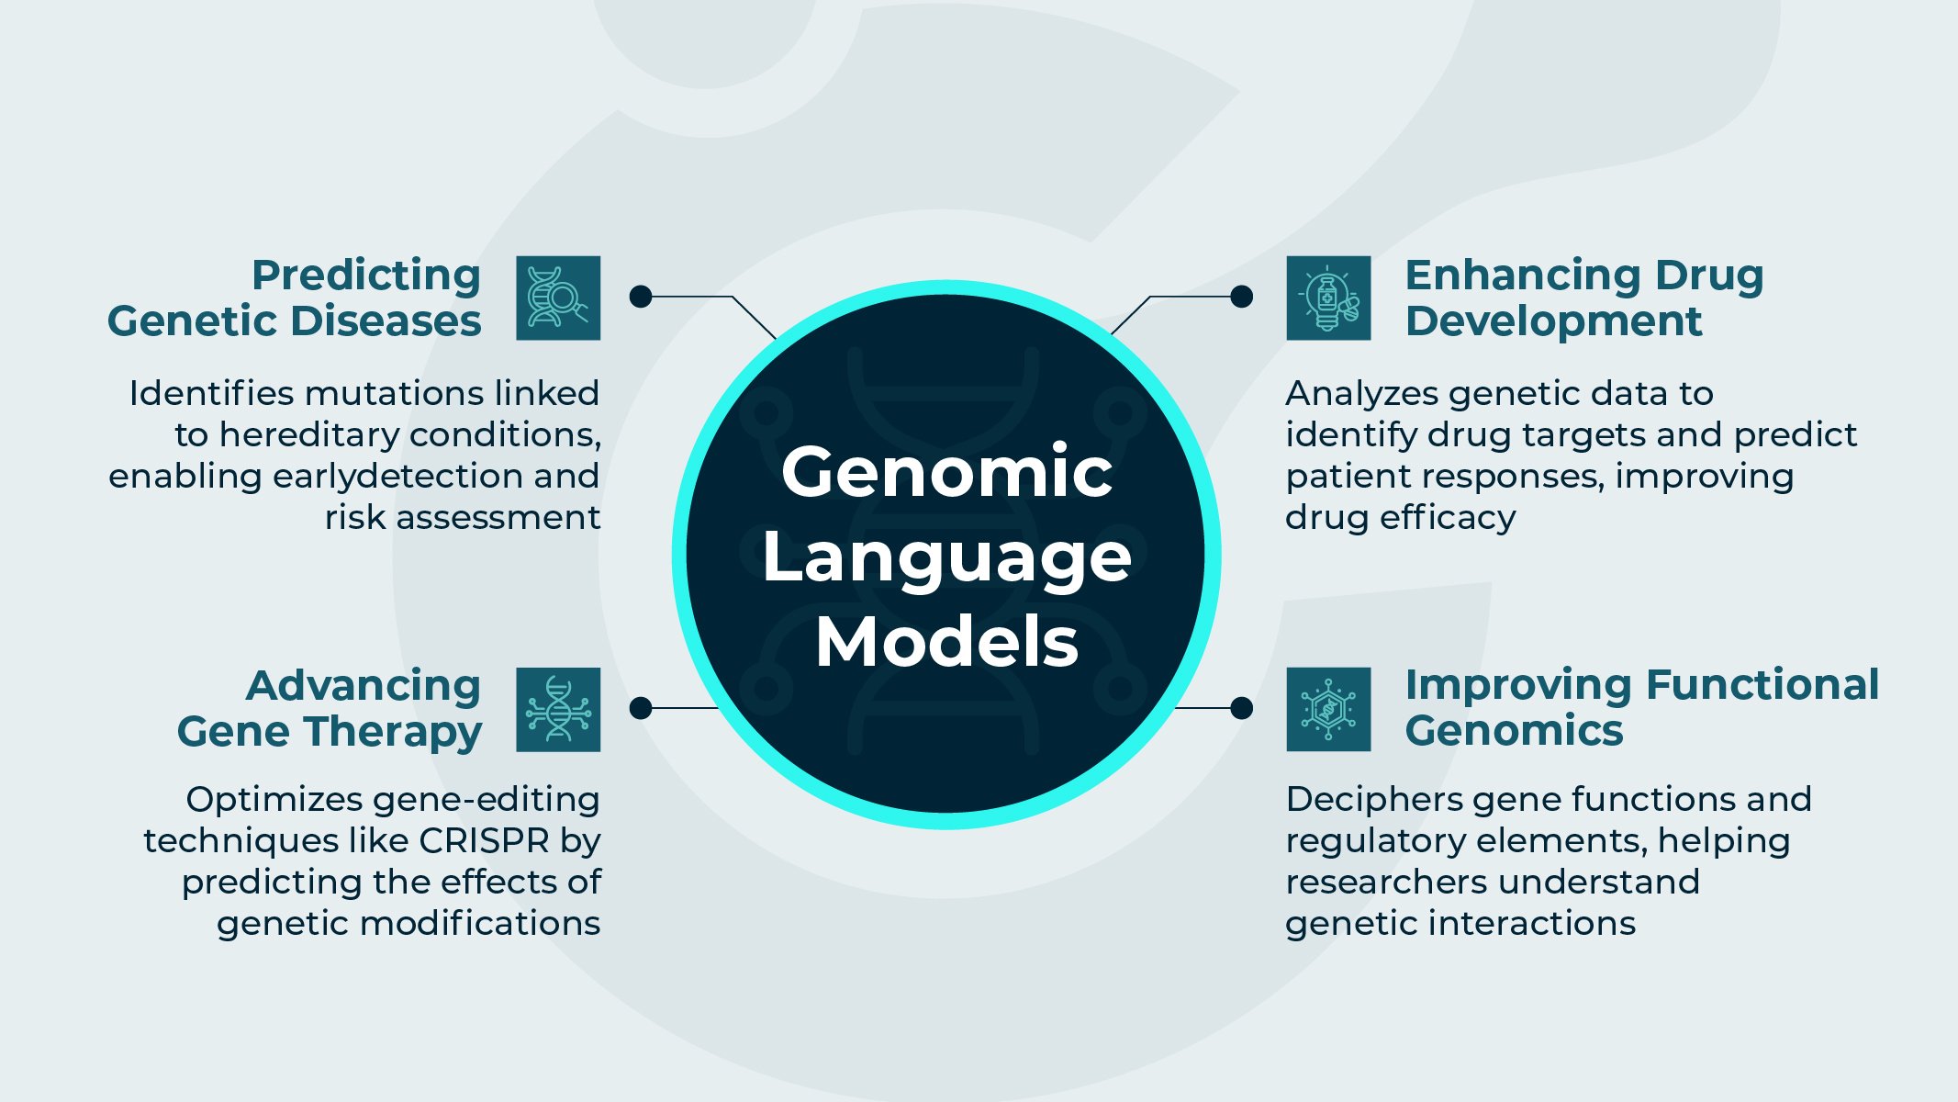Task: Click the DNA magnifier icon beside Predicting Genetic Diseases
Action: (558, 298)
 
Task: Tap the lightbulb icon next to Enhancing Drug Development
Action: (1328, 298)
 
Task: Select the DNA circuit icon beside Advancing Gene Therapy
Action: (558, 710)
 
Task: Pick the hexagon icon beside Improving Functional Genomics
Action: (1328, 710)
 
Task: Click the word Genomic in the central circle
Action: (946, 472)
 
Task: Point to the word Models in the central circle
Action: (946, 642)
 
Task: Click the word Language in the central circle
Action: (946, 557)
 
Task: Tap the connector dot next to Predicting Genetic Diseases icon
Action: (641, 297)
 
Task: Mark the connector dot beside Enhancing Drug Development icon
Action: (1241, 297)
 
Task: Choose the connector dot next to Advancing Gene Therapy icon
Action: (641, 708)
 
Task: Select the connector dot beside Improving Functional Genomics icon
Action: (1241, 708)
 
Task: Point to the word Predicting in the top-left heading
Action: (366, 275)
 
